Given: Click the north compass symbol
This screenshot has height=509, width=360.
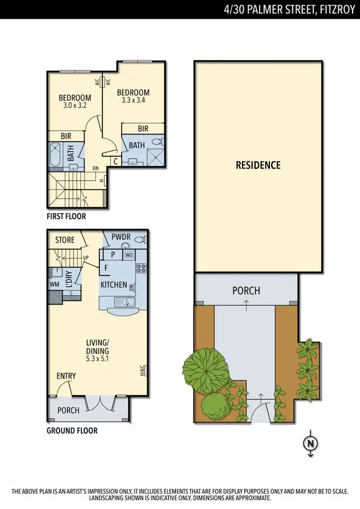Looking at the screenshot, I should pos(310,443).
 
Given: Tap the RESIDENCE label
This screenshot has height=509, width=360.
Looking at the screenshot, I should pos(258,165).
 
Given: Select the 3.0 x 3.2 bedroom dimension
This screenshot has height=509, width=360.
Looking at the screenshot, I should pos(75,106).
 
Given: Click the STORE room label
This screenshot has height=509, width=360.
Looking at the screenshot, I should pos(65,240).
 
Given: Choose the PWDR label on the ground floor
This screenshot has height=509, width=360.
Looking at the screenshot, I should pos(121,238).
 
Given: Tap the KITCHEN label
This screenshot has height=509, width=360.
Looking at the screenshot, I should pos(114,285).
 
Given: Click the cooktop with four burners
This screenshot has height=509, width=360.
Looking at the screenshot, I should pos(141,269).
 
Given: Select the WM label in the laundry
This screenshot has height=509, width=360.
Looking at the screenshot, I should pos(54,284).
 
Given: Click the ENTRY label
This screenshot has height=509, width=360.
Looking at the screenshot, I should pos(66,376).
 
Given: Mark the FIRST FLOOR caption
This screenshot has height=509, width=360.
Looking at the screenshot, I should pos(66,216).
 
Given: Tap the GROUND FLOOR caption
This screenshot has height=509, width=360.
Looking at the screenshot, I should pos(72,430).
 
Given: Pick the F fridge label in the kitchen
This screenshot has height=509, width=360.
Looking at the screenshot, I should pos(105,268).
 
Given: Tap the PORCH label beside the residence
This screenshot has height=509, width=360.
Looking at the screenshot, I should pos(246,290).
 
